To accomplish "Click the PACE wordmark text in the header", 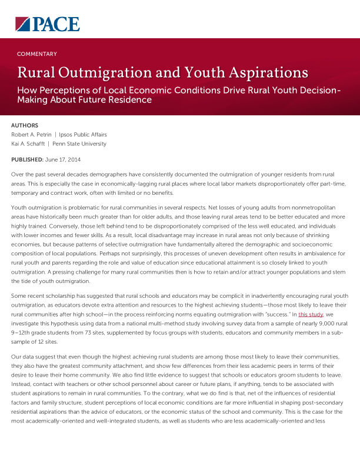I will pos(56,24).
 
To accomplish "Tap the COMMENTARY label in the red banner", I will pos(37,54).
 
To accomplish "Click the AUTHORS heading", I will pos(25,125).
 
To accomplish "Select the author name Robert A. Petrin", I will pos(31,135).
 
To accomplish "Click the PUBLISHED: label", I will pos(27,160).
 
